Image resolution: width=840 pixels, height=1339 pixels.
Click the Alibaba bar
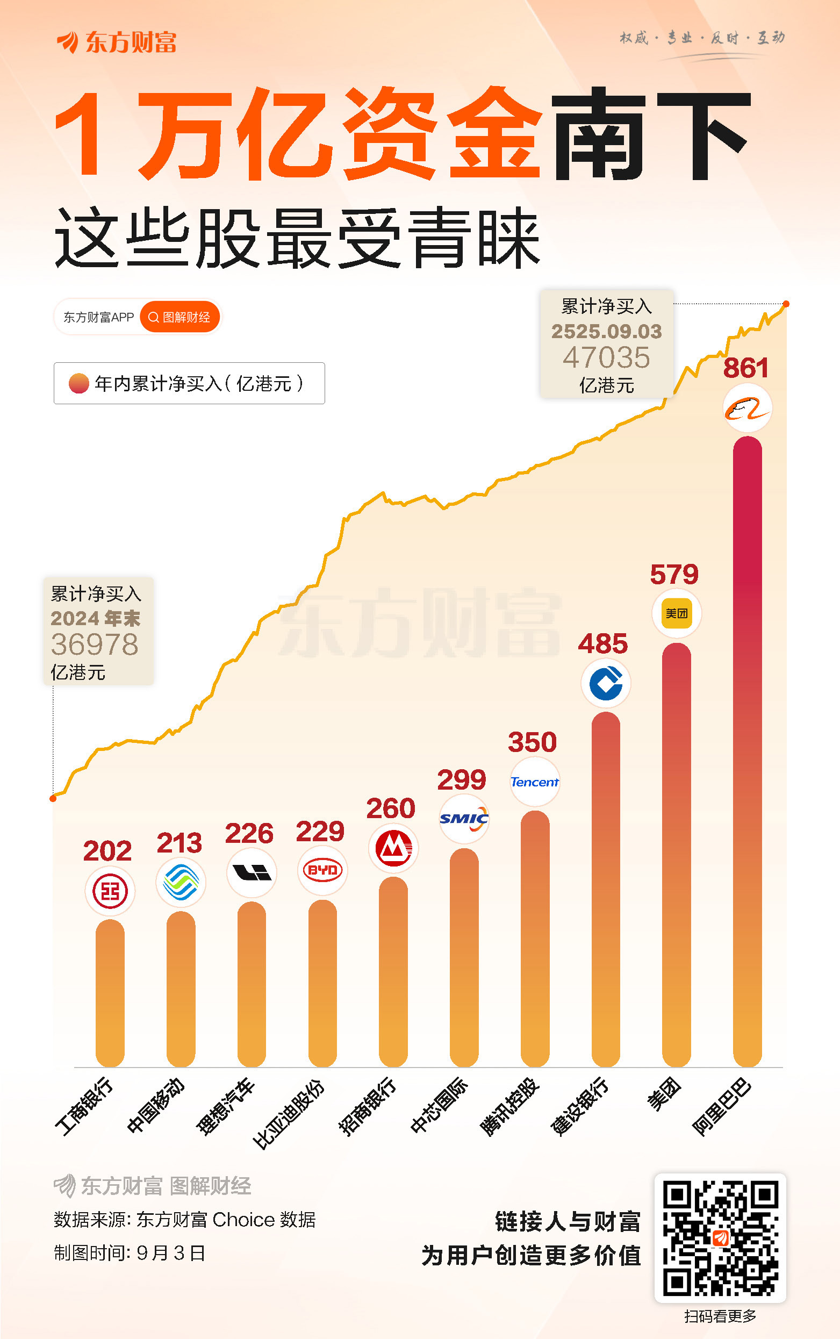click(747, 750)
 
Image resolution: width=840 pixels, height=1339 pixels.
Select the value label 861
click(745, 368)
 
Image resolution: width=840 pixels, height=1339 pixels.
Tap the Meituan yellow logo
click(676, 613)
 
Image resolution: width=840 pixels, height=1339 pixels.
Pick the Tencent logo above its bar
click(534, 782)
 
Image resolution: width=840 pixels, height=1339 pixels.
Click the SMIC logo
click(464, 819)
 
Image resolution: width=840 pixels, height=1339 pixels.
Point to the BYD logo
click(322, 870)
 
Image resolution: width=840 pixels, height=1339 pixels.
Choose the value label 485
click(603, 644)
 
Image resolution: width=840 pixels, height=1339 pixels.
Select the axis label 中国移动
click(155, 1106)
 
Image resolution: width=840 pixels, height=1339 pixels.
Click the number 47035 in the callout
click(606, 357)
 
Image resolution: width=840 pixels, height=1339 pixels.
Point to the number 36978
click(95, 645)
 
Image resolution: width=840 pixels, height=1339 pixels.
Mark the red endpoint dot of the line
click(786, 304)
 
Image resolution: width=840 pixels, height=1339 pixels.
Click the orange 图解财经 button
click(180, 317)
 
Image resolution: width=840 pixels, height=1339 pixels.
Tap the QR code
click(720, 1238)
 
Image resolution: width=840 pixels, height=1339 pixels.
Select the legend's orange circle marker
click(79, 383)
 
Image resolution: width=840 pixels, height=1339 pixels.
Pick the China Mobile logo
click(181, 882)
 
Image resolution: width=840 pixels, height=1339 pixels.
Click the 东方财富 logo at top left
click(117, 42)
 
